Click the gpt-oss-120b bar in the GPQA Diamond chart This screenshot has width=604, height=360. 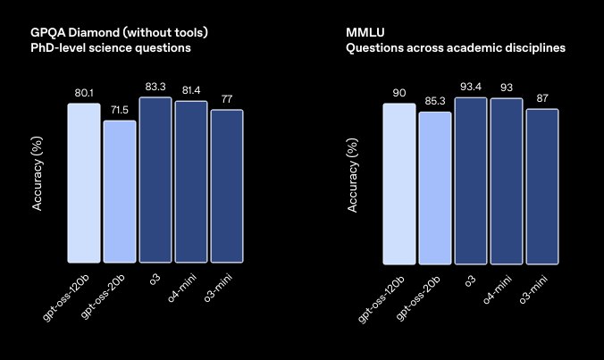coord(84,183)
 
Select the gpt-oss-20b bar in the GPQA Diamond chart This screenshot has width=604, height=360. coord(120,191)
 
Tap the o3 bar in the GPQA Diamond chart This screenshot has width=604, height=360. coord(155,180)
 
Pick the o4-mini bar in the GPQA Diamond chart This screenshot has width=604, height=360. coord(190,181)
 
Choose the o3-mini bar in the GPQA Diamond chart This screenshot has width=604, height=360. coord(226,186)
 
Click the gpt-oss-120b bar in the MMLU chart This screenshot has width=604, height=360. coord(399,183)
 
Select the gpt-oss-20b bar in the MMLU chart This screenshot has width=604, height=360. coord(435,188)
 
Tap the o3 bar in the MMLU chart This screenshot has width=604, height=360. coord(471,180)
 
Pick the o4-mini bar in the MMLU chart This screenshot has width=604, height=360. coord(506,180)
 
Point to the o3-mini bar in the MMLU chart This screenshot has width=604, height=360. coord(541,186)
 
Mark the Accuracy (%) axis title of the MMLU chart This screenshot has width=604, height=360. coord(353,178)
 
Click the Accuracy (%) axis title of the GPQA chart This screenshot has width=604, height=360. coord(38,178)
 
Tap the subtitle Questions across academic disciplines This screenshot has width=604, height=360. coord(455,47)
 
